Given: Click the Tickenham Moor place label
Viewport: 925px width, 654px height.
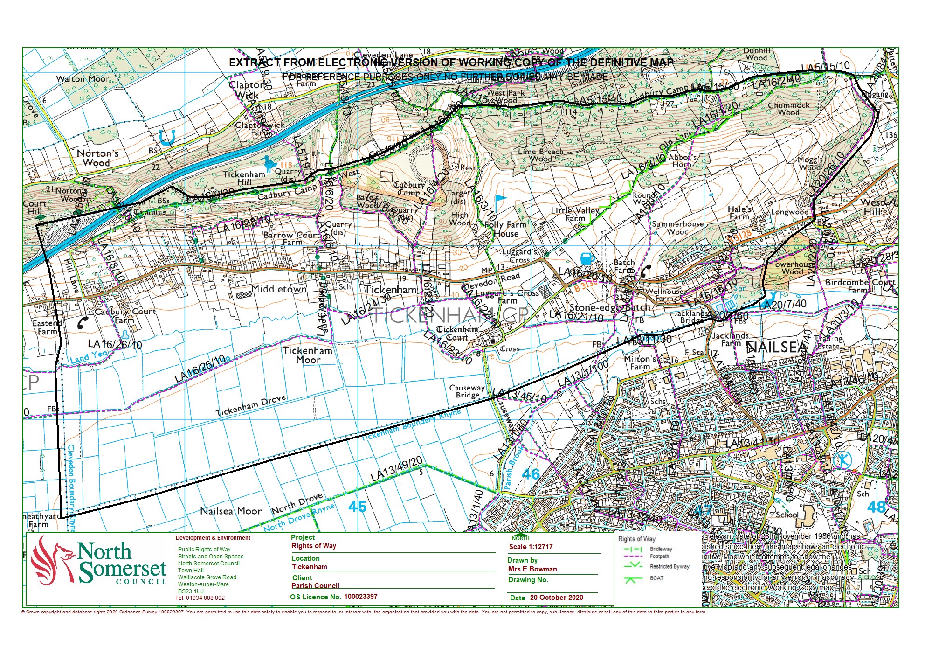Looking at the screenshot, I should [x=308, y=355].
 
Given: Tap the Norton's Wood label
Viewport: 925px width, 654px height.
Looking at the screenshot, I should [x=97, y=158].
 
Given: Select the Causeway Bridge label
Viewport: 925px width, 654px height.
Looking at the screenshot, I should [x=467, y=391].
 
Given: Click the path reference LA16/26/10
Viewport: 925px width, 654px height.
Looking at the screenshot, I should [x=115, y=345].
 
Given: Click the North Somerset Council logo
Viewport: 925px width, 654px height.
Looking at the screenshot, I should [x=98, y=563].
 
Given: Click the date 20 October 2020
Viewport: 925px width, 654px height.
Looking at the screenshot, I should [x=556, y=598].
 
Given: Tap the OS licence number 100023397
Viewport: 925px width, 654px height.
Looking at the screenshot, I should [x=360, y=597].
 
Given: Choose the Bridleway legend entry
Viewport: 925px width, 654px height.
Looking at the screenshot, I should [x=661, y=549].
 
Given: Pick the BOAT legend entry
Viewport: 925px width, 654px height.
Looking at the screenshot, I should [x=656, y=578].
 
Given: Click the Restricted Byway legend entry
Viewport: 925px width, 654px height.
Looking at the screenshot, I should [x=669, y=566].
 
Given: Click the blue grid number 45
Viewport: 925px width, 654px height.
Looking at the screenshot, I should [x=357, y=507].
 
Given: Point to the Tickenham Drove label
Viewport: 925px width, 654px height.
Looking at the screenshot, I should [x=251, y=406].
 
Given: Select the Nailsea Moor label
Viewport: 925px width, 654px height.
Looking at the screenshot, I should [x=231, y=511].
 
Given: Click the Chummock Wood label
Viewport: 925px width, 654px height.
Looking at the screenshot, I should [x=788, y=109].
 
